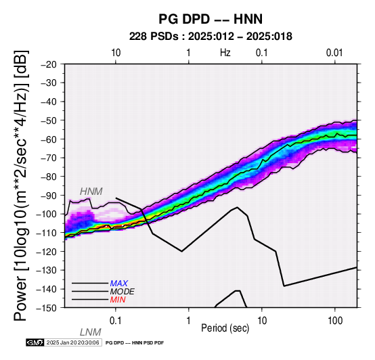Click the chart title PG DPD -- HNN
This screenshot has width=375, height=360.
point(211,19)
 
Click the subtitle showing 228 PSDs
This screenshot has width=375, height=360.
point(211,37)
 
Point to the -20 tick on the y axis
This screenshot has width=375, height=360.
point(49,64)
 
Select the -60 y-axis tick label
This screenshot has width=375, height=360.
point(49,139)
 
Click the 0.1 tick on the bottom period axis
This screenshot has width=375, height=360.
point(116,321)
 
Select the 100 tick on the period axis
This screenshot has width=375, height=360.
point(335,321)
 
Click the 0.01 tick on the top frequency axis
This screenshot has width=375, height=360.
point(334,53)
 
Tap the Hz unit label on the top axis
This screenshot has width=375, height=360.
point(225,53)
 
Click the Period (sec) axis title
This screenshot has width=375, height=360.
point(225,328)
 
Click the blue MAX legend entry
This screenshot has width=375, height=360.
point(119,284)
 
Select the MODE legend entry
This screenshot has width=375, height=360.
point(123,292)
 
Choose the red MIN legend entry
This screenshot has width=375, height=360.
point(118,300)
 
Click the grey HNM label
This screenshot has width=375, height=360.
point(91,192)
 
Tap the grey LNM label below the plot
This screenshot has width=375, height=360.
point(91,332)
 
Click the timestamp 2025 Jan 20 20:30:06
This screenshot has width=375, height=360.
point(72,342)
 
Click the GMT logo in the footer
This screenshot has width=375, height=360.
point(35,342)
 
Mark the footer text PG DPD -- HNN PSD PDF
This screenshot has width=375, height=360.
point(135,343)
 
